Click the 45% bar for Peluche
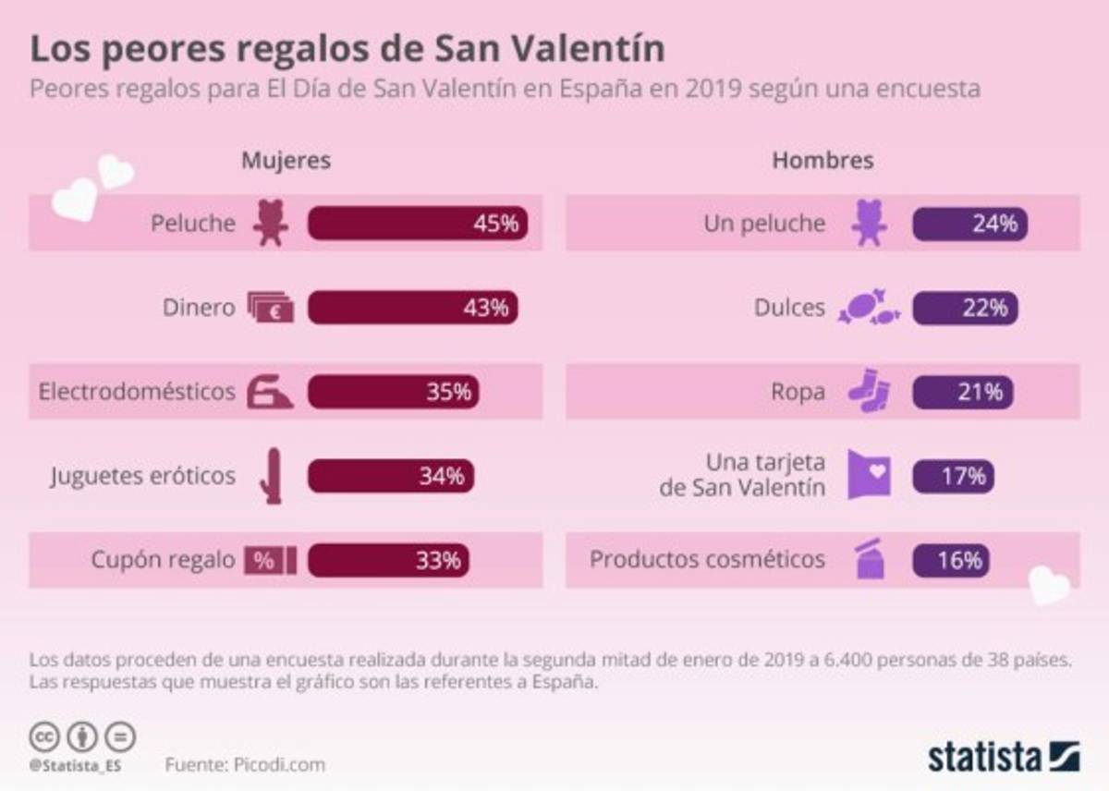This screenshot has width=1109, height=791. [418, 224]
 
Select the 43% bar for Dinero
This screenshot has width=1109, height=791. [412, 308]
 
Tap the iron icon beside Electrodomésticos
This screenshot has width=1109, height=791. [270, 392]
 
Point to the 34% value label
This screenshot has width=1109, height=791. [441, 477]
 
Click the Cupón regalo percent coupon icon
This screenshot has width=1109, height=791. [270, 560]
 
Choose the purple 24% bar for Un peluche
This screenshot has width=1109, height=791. [969, 224]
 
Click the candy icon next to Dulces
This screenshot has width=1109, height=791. [868, 308]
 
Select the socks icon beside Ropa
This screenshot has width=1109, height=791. [869, 392]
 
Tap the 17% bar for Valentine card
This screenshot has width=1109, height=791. [953, 477]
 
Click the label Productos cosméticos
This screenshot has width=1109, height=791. [707, 560]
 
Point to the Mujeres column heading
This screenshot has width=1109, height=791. [286, 161]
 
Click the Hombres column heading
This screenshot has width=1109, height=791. [823, 161]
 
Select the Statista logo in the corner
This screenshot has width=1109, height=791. [1004, 756]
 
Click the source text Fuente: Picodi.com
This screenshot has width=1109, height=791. [245, 765]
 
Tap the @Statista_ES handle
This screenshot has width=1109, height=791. [75, 766]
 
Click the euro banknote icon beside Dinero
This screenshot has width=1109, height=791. [270, 308]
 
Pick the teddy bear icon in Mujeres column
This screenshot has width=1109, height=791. [270, 224]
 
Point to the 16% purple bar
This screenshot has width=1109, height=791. [951, 560]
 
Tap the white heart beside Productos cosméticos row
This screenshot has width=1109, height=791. [1049, 584]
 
